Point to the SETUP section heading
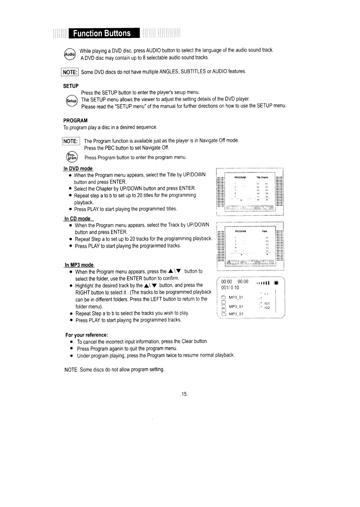(71, 86)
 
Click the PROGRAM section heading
(75, 120)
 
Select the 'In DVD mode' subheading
(78, 169)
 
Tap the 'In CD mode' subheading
(77, 219)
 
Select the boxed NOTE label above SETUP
(69, 72)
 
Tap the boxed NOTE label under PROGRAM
(70, 141)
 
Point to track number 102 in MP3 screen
(267, 308)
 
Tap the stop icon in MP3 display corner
(276, 282)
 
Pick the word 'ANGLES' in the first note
(155, 72)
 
